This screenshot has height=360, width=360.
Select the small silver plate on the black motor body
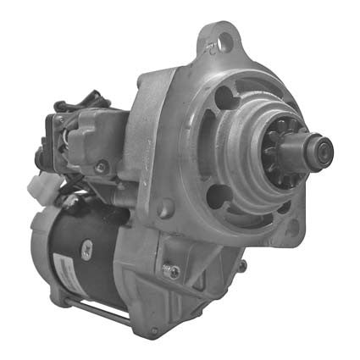(86, 248)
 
